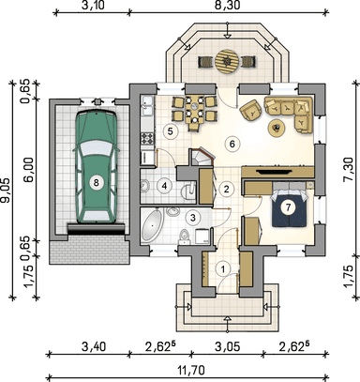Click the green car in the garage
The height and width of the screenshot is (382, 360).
point(97,167)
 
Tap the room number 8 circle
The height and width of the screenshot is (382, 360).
point(97,182)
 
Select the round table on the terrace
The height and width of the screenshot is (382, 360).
point(227,61)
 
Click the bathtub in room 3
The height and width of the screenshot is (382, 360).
point(152,225)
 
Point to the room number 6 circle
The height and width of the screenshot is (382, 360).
point(232,145)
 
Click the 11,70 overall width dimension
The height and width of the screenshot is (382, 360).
point(191,371)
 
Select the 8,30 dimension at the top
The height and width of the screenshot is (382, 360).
point(227,6)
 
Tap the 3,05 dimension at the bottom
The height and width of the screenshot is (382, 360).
point(228,346)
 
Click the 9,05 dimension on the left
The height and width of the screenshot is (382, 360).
point(6,191)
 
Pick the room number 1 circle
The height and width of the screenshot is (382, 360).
point(223,269)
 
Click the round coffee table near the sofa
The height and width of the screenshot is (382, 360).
point(277,128)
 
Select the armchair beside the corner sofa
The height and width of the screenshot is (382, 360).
point(251,110)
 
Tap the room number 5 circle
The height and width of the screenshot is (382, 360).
point(170,131)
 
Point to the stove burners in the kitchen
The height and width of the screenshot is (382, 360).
point(147,138)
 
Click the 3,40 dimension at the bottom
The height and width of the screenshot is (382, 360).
point(94,346)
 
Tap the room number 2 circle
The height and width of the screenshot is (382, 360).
point(226,189)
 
